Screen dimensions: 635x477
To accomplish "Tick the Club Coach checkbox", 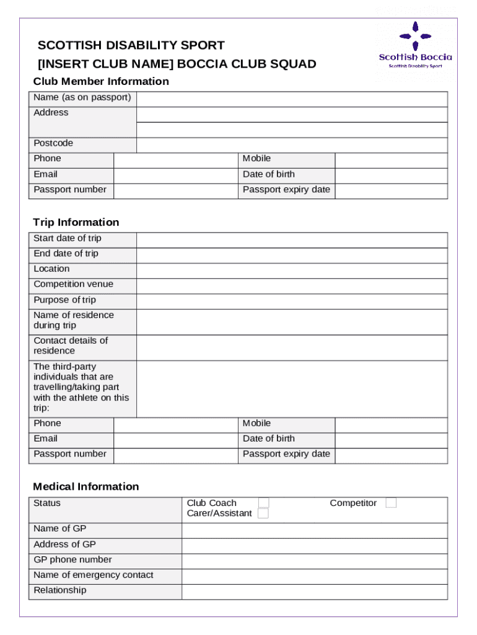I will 263,503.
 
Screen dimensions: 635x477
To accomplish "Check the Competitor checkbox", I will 391,503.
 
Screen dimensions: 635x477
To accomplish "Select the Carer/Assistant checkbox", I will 263,513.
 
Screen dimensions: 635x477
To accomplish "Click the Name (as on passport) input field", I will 291,99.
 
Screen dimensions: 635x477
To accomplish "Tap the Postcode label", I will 53,143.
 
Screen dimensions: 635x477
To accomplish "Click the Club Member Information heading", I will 101,81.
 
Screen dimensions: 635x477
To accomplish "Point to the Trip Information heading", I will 76,222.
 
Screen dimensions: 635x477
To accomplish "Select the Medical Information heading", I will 85,486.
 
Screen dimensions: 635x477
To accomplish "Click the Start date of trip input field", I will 291,240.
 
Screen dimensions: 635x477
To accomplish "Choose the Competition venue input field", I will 291,286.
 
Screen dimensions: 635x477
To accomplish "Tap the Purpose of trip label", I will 64,300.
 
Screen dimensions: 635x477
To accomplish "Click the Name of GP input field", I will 314,530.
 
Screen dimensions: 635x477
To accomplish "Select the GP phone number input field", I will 314,561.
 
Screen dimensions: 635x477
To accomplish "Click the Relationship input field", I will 314,592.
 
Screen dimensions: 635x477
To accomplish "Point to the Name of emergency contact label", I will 93,575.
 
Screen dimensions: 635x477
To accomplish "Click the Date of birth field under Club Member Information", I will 391,175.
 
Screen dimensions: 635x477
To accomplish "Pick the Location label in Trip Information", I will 51,269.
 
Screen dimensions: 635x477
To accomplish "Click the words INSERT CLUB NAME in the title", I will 106,64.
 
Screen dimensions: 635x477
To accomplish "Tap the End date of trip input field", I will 291,255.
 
